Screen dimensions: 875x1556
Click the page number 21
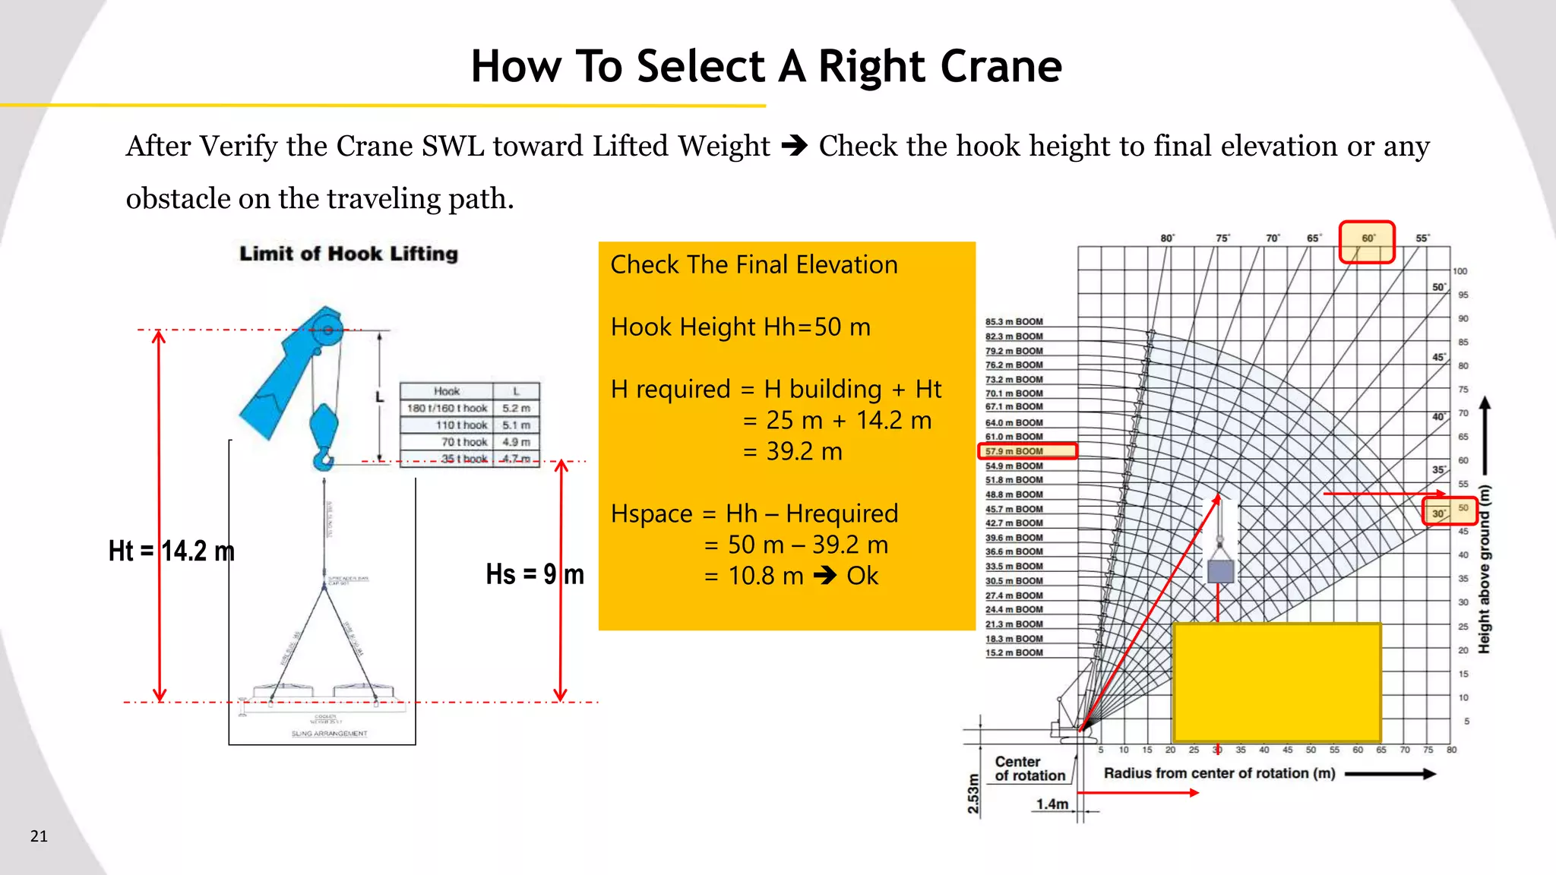[39, 836]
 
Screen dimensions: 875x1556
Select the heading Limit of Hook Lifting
[349, 254]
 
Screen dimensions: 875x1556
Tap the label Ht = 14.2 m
[172, 551]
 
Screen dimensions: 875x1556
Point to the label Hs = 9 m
[535, 574]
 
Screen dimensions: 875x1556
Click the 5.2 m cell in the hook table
[516, 408]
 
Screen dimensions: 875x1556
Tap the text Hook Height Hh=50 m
[740, 327]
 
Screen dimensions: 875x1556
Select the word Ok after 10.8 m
[862, 576]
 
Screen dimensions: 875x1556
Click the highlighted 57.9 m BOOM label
[1014, 451]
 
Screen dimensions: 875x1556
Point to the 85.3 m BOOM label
[1014, 321]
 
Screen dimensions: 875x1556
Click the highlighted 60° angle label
[1368, 238]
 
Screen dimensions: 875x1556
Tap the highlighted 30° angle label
[1439, 513]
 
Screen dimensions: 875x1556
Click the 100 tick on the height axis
[1460, 271]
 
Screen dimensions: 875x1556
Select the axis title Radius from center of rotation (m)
[1219, 773]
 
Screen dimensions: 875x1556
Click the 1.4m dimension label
[1052, 804]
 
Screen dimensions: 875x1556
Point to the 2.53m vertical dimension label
[973, 794]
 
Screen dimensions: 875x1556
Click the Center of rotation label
[1029, 769]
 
